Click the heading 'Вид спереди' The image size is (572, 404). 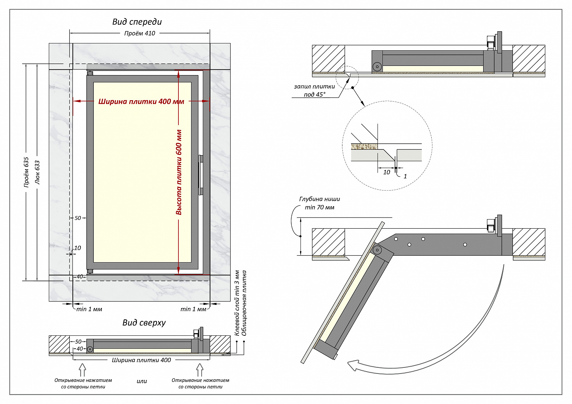point(137,22)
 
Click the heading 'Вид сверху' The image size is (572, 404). point(144,323)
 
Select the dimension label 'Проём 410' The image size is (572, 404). point(140,34)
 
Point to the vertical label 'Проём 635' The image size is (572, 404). point(26,172)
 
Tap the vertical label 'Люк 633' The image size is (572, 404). point(37,172)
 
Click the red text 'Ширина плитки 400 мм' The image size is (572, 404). point(141,101)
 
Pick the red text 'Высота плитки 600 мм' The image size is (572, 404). point(179,172)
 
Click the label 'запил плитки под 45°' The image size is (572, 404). point(314,91)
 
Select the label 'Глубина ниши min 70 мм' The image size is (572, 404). point(320,203)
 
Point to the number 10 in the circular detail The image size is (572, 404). point(387,172)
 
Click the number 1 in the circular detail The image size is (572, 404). point(405,176)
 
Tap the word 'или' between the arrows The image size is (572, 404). point(142,381)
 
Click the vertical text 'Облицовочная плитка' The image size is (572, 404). point(244,303)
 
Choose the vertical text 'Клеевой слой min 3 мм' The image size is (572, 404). point(237,303)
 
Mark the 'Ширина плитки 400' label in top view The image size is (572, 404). point(141,360)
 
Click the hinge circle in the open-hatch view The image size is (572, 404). point(377,250)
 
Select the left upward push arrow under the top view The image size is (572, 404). point(82,370)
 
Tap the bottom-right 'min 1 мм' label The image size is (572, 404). point(193,309)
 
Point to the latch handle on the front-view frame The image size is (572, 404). point(201,175)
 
